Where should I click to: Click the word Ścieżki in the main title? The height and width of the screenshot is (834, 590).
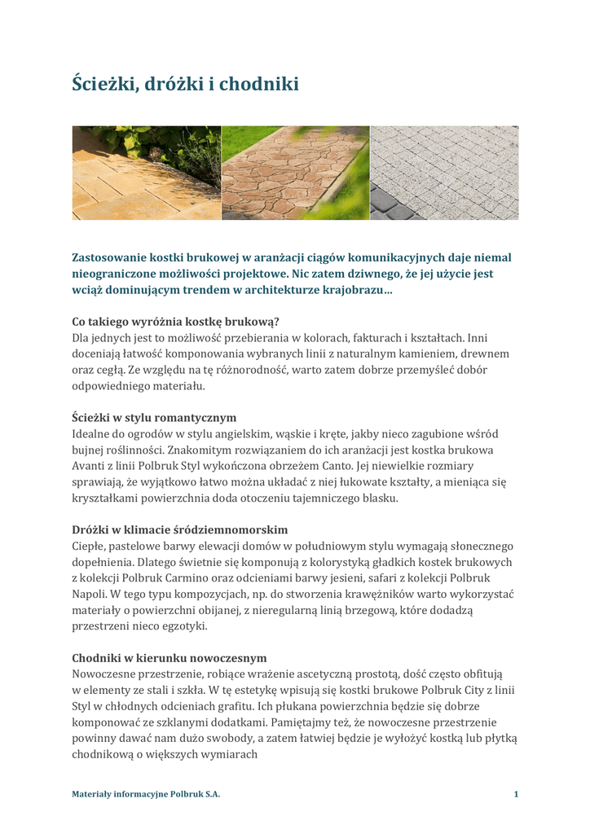pos(99,84)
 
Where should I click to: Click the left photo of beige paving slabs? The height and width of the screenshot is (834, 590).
pos(147,173)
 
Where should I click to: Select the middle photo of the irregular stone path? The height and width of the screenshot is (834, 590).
pos(295,173)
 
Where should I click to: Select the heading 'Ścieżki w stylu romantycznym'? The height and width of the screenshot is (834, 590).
pos(154,417)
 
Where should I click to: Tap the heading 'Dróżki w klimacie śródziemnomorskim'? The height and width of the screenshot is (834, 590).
pos(179,529)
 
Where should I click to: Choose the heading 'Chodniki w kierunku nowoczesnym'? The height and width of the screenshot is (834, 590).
pos(169,657)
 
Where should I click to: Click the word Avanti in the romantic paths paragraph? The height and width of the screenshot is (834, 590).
pos(90,466)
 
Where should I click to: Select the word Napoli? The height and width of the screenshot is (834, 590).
pos(90,595)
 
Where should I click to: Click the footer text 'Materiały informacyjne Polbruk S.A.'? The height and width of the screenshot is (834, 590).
pos(146,793)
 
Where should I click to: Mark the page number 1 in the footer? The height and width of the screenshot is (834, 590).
pos(516,793)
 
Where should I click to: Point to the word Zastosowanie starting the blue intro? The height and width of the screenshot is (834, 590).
pos(110,258)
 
